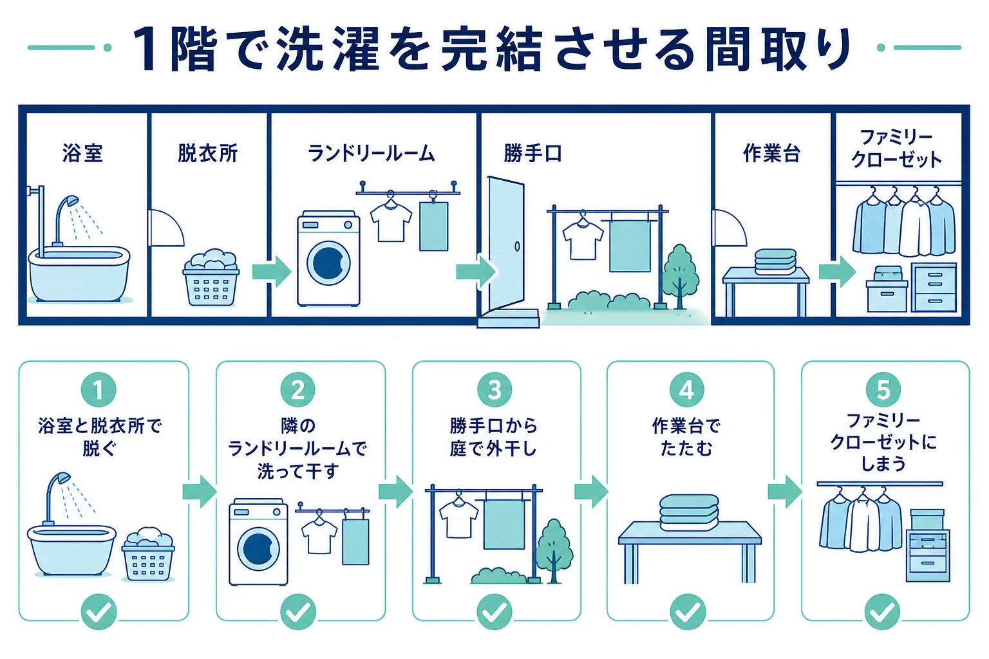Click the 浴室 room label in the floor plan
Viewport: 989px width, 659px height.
82,153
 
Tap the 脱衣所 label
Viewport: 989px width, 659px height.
207,153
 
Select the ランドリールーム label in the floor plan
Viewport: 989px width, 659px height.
372,154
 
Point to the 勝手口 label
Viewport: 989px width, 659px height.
532,154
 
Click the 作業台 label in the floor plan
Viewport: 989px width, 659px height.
772,153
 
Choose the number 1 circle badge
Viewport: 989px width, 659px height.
99,390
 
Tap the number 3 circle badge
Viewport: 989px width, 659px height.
494,390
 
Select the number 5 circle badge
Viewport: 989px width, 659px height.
883,390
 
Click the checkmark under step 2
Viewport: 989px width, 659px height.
298,612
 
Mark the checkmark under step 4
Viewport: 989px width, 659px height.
688,612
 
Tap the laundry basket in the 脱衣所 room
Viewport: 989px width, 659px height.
211,278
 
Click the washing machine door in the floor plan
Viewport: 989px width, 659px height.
328,263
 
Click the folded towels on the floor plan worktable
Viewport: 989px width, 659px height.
775,262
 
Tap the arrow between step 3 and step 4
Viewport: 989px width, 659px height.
592,491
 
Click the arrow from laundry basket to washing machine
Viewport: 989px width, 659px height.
272,272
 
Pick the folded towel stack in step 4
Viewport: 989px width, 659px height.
689,512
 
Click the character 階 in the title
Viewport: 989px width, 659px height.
193,48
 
